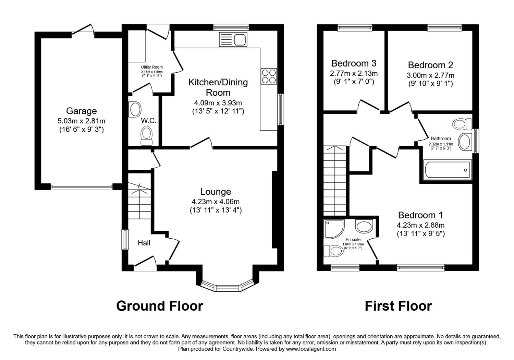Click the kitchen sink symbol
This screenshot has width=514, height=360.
click(233, 39)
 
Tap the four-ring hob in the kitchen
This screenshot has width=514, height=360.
click(269, 76)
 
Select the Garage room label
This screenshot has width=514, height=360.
click(82, 111)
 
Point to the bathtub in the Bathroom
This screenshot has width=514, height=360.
click(448, 170)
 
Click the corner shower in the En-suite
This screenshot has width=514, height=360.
click(334, 229)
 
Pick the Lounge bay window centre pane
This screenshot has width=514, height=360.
click(227, 288)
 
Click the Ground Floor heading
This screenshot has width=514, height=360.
click(160, 306)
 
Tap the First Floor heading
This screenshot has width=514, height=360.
click(398, 306)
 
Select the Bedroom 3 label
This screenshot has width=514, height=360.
click(354, 63)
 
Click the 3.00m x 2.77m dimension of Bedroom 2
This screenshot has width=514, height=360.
click(430, 75)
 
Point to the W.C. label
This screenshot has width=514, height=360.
click(149, 121)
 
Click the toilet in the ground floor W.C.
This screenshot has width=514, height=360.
click(146, 136)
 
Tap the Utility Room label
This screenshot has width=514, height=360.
click(152, 67)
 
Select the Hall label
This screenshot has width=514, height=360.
click(144, 243)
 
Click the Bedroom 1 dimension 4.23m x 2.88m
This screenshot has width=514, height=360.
click(420, 225)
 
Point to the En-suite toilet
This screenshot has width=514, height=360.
click(333, 251)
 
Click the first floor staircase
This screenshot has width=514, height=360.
click(335, 181)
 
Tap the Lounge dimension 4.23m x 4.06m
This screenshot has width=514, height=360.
click(216, 202)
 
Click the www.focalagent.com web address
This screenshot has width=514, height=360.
click(311, 349)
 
